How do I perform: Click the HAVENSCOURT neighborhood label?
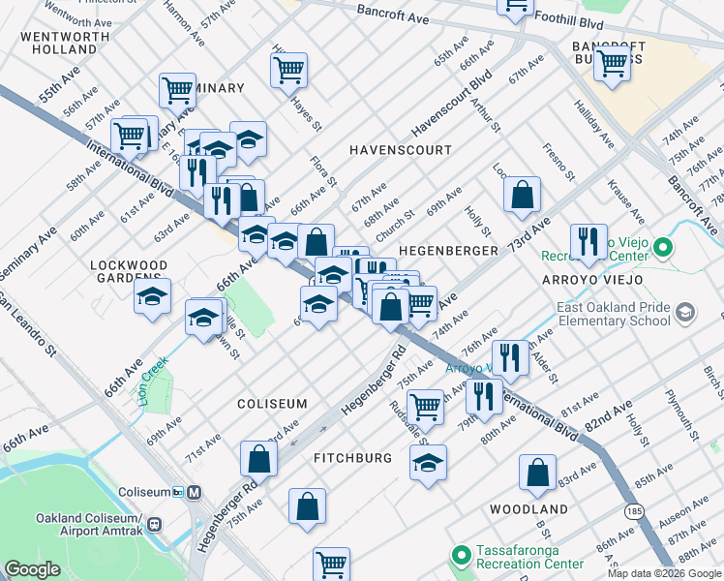401,150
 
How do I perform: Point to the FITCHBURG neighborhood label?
352,457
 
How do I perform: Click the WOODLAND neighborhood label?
528,508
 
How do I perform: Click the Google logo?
33,569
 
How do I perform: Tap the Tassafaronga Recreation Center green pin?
462,556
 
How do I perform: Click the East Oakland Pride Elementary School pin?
685,312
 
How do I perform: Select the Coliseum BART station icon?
195,492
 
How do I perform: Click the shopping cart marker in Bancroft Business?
612,65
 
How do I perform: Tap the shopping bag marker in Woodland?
536,473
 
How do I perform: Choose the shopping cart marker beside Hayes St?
288,70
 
